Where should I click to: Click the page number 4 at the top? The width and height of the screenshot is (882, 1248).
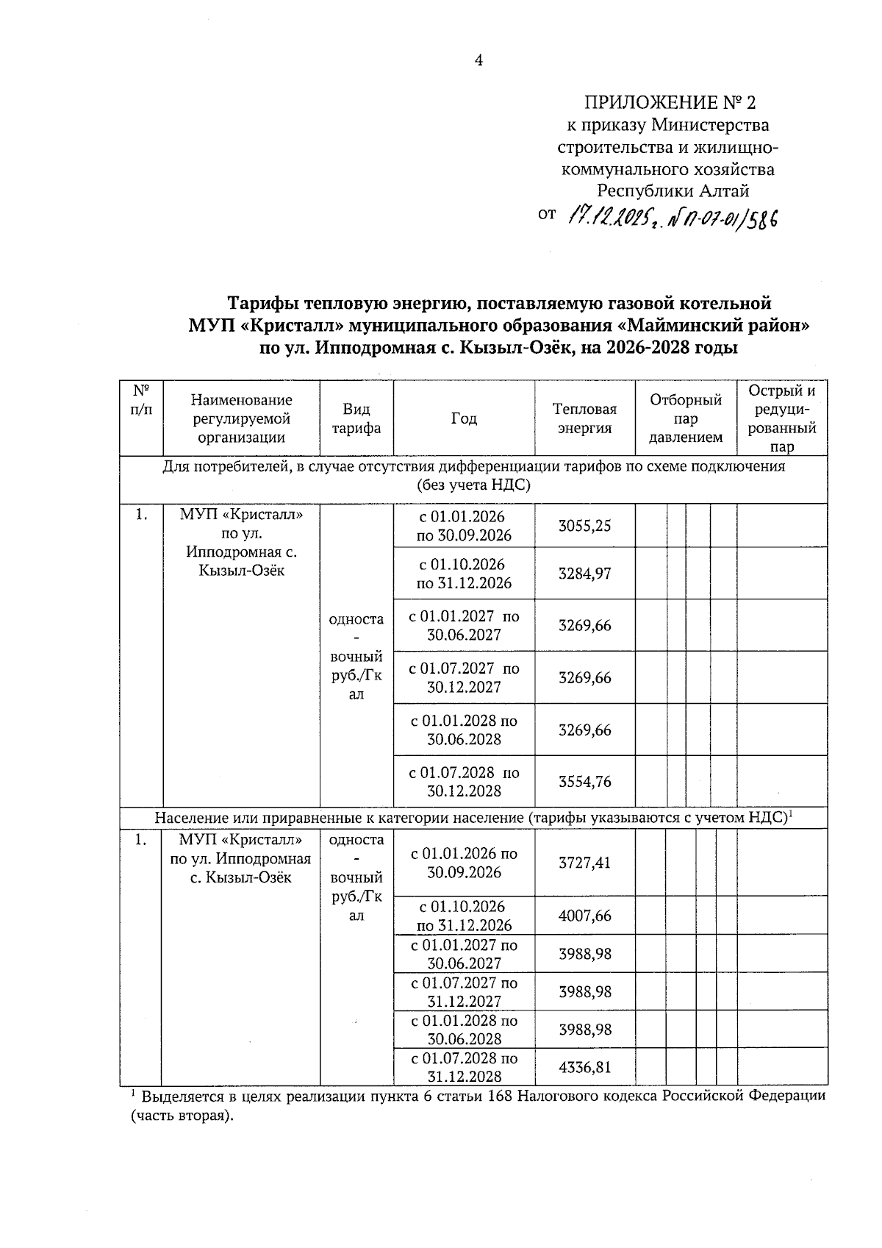click(478, 61)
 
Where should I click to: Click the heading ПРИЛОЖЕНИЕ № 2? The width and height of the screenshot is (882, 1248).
click(670, 102)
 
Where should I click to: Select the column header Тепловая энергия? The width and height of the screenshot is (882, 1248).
click(584, 418)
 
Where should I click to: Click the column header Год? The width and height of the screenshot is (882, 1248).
click(464, 418)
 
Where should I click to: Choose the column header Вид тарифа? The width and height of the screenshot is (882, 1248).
click(356, 418)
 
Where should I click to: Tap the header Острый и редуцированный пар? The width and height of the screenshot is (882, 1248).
click(782, 418)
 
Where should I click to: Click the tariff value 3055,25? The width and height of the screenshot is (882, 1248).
click(584, 526)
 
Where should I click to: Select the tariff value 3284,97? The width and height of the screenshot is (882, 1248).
click(584, 574)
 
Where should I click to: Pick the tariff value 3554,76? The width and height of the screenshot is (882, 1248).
click(584, 782)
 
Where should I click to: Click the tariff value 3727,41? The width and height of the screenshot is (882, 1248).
click(584, 863)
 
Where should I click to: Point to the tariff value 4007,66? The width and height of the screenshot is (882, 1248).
click(584, 916)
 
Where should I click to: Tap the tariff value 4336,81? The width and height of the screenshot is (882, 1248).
click(584, 1067)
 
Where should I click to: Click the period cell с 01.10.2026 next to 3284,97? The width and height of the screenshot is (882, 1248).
click(464, 574)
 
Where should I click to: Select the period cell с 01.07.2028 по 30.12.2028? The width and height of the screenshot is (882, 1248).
click(464, 782)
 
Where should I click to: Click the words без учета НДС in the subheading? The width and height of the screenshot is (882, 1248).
click(474, 485)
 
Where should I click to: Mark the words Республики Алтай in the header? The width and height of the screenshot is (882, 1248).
click(673, 191)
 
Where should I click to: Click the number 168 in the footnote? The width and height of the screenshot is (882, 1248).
click(500, 1097)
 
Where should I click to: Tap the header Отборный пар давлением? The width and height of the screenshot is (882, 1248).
click(685, 418)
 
